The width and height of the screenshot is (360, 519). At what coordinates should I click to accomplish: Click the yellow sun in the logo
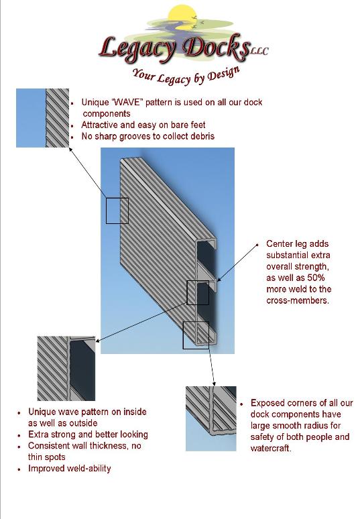click(182, 16)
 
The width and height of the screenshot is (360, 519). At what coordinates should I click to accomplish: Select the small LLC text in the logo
click(259, 51)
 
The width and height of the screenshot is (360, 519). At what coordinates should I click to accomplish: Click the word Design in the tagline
click(223, 73)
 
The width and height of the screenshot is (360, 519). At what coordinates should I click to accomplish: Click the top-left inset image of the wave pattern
click(43, 118)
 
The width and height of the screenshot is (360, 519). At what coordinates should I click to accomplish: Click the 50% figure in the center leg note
click(316, 278)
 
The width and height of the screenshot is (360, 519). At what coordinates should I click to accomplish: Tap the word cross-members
click(298, 300)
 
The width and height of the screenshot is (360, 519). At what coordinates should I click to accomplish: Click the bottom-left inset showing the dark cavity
click(66, 368)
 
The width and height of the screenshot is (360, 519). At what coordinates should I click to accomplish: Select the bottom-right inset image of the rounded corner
click(211, 418)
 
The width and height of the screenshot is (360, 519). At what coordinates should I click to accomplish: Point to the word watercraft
click(271, 449)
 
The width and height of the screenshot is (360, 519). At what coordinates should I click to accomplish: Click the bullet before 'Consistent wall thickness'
click(20, 447)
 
